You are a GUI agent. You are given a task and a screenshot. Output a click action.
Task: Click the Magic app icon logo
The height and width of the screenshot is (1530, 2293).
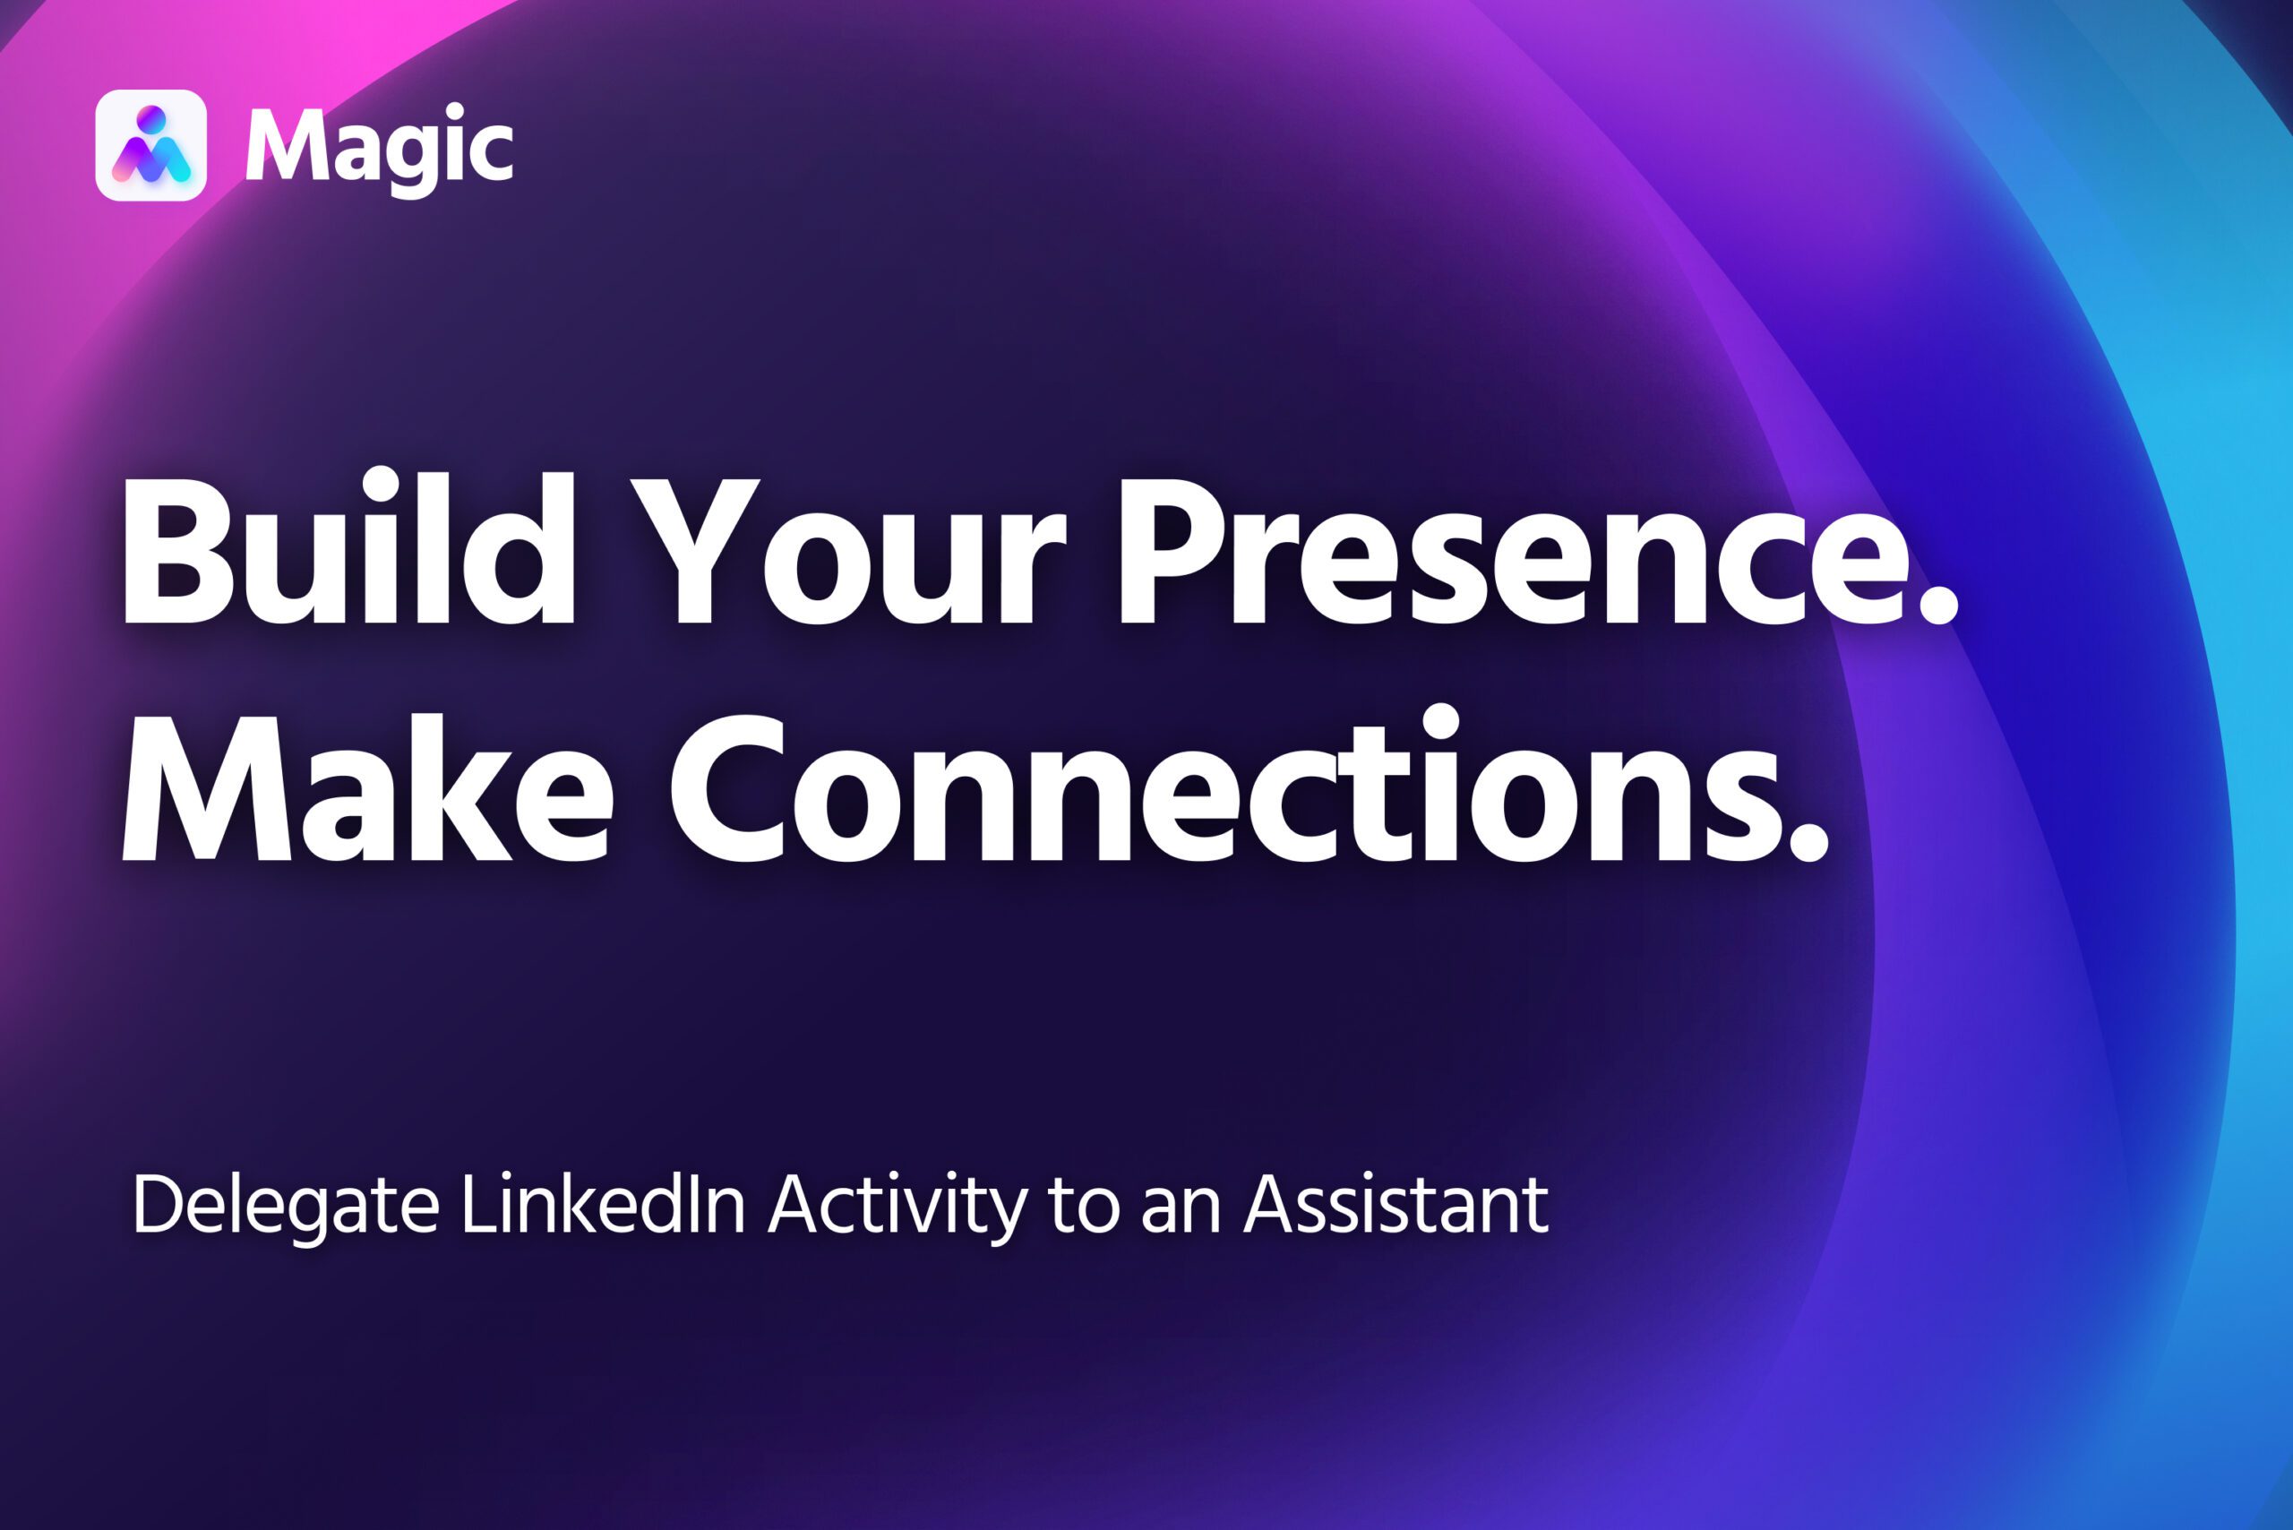pyautogui.click(x=151, y=145)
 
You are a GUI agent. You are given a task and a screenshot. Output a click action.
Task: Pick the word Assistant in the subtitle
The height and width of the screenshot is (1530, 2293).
pyautogui.click(x=1396, y=1204)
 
